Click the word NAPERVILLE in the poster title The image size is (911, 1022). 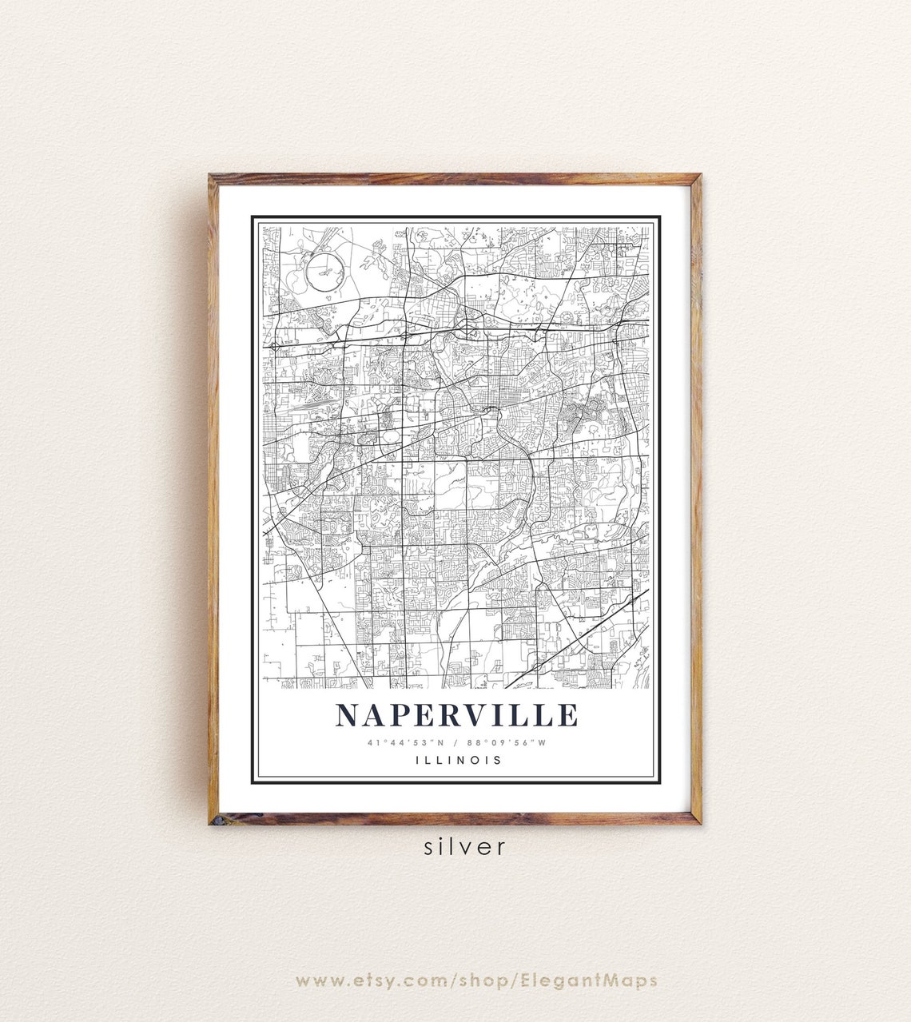point(456,715)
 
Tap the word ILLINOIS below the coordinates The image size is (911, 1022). point(459,760)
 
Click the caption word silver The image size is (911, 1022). point(465,846)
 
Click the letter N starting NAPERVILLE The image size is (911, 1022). point(348,715)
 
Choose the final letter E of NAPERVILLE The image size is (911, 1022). point(567,715)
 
